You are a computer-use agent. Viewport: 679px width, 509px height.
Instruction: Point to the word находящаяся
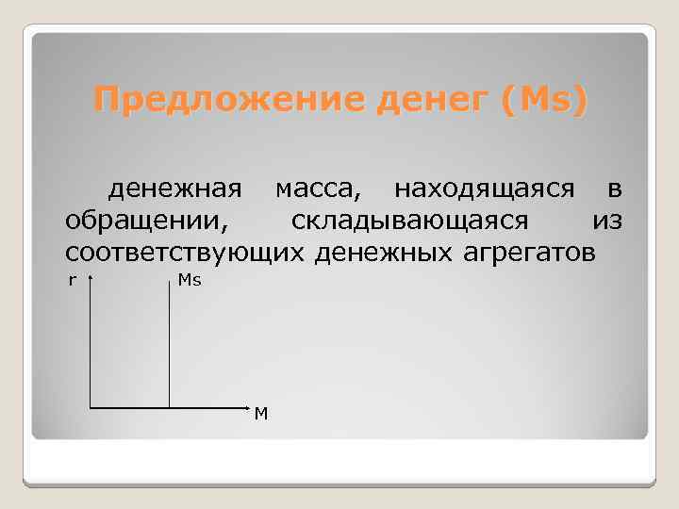point(484,189)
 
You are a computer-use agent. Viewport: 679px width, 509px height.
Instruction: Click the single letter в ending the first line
point(614,189)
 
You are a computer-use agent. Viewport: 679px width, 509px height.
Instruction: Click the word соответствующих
point(185,252)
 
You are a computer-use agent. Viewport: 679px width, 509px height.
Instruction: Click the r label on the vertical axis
point(72,279)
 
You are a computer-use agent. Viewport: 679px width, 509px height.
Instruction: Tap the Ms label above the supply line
point(190,281)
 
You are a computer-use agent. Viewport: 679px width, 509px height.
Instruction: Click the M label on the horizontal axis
point(261,414)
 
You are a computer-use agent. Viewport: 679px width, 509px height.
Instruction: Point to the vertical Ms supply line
point(169,349)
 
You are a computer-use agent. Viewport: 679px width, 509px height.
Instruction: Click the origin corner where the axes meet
point(90,408)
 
